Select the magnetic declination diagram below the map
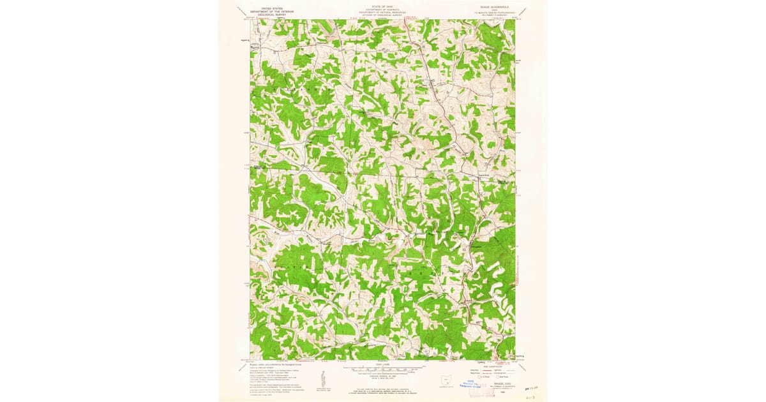pyautogui.click(x=323, y=380)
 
